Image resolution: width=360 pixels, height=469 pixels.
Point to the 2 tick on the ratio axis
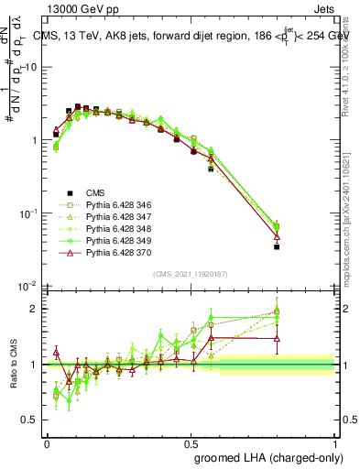pyautogui.click(x=34, y=309)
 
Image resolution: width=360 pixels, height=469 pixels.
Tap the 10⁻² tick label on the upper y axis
pyautogui.click(x=28, y=287)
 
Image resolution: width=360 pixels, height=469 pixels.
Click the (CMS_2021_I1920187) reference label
pyautogui.click(x=191, y=274)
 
